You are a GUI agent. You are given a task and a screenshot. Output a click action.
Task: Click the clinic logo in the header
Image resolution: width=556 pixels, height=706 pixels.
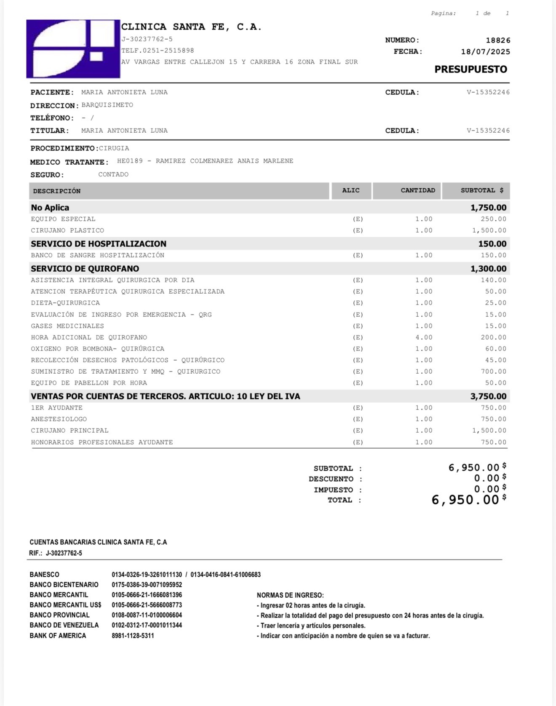73,49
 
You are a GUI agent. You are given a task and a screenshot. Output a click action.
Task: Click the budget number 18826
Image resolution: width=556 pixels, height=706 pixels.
498,40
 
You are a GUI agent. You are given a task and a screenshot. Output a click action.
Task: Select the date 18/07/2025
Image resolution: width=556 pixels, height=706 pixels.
485,52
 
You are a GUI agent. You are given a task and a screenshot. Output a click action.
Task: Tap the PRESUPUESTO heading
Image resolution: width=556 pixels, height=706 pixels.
470,70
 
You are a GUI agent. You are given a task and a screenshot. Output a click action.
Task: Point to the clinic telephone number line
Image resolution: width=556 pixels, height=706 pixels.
158,51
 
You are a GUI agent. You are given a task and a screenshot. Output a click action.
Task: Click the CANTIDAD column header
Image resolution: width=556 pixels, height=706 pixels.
417,190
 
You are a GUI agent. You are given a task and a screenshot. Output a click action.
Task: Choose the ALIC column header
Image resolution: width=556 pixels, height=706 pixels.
351,190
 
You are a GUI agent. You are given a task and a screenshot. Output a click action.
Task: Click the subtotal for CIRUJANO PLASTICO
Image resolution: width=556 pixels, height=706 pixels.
489,230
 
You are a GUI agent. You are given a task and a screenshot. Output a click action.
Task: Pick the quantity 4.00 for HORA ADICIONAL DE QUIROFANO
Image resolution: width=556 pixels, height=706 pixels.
424,337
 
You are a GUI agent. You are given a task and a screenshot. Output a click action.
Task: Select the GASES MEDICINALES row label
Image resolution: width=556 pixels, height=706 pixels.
67,326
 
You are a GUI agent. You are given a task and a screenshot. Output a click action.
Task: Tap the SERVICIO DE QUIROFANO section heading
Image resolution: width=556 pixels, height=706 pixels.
85,269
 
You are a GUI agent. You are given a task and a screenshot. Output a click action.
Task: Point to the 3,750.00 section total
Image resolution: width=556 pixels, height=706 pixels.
488,396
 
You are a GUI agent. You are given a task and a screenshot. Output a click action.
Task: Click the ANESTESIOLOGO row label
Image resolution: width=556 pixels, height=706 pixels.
59,419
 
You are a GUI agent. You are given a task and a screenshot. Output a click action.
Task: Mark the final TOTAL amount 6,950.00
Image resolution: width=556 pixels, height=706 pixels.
465,500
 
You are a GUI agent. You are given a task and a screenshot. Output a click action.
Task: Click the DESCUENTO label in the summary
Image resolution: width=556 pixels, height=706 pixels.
331,479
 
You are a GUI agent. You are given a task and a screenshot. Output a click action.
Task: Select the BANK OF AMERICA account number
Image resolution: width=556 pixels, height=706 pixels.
133,636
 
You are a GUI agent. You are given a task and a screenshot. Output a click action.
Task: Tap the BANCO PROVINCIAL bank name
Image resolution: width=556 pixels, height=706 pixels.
59,615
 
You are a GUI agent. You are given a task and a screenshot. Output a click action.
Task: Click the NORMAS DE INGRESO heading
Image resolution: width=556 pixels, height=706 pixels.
290,595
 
